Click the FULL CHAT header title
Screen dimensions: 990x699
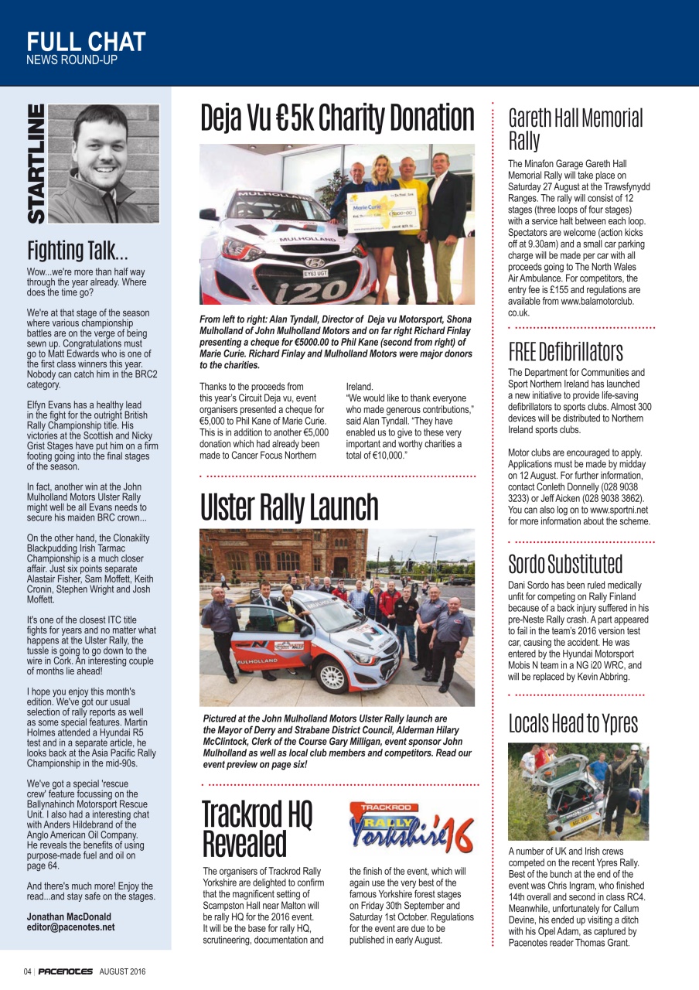pos(86,41)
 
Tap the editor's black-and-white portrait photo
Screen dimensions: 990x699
pos(104,163)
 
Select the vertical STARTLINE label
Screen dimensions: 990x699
pos(36,164)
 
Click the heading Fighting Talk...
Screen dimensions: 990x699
pos(77,250)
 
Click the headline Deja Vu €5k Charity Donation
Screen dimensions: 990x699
pos(337,118)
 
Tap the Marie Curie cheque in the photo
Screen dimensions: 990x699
pos(378,212)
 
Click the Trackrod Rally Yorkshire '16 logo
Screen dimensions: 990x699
pos(411,828)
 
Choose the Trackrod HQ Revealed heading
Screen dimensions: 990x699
pos(257,828)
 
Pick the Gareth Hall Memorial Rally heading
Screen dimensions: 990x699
pos(575,129)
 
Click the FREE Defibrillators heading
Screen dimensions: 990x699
pos(565,352)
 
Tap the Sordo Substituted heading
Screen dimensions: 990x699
pos(565,563)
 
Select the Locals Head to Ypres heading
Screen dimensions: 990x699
pos(573,722)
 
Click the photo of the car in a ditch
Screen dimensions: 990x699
pos(578,790)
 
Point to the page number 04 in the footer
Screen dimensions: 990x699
pos(27,971)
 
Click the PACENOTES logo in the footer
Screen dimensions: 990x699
pos(66,971)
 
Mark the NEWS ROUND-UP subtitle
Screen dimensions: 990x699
pos(72,60)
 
